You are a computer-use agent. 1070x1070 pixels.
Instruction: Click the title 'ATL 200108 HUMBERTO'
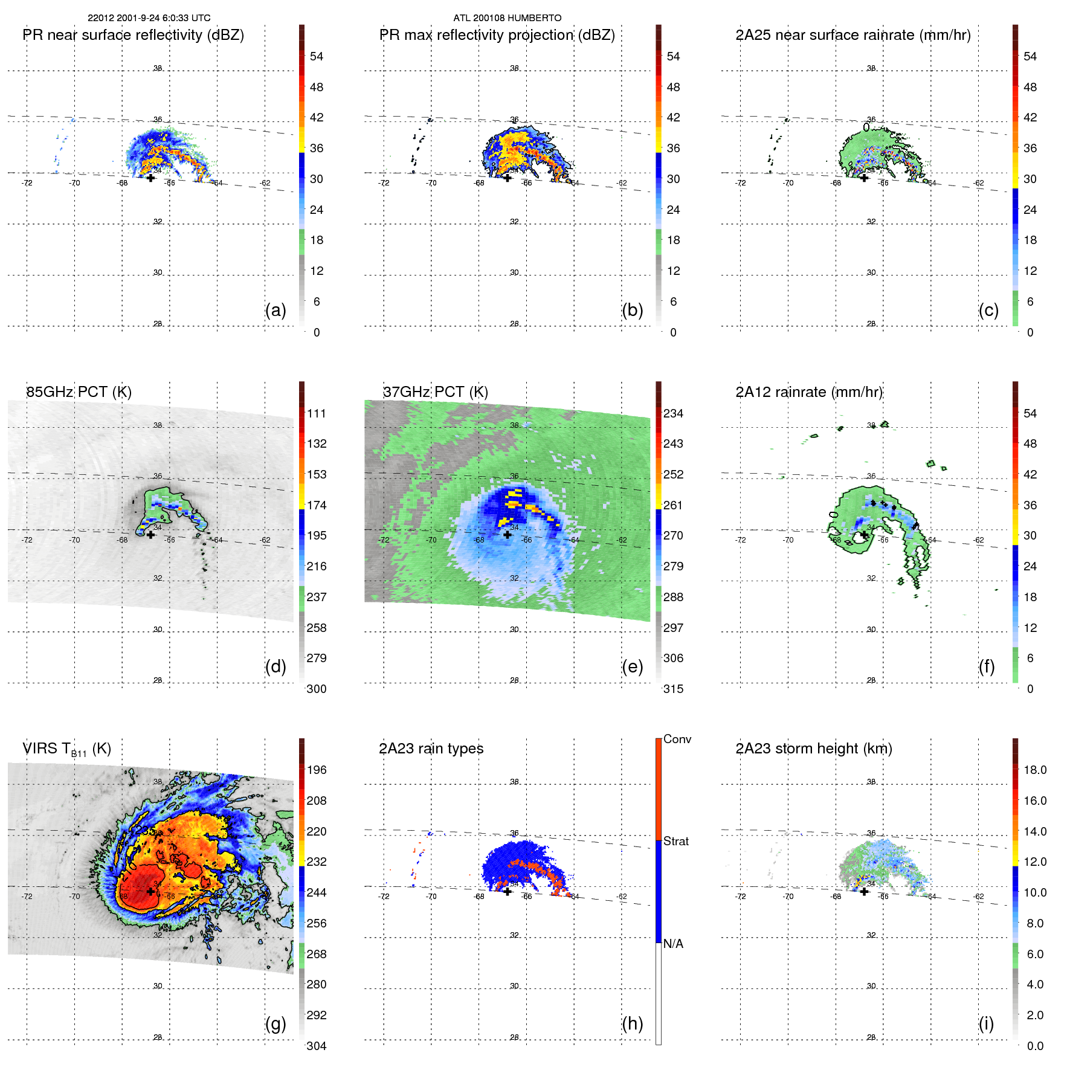(x=507, y=18)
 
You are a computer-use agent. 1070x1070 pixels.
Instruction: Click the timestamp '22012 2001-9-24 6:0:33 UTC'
(x=149, y=18)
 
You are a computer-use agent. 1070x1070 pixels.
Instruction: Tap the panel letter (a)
(x=276, y=310)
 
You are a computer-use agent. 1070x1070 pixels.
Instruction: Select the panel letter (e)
(x=632, y=666)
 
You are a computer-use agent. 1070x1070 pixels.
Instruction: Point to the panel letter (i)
(x=986, y=1023)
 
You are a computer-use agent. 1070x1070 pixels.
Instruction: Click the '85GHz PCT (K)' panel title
(x=79, y=392)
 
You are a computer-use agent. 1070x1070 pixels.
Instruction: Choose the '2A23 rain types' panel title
(x=431, y=749)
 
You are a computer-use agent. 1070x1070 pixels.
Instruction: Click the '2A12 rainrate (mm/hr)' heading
(x=809, y=392)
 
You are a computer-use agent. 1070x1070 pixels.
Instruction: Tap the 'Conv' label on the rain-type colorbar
(x=677, y=739)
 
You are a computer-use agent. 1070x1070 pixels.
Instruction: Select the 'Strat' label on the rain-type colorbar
(x=675, y=841)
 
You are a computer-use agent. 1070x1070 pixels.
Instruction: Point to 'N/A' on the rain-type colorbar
(x=673, y=944)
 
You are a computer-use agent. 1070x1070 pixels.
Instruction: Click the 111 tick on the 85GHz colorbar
(x=317, y=413)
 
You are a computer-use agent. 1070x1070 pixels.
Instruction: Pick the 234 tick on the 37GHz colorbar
(x=673, y=413)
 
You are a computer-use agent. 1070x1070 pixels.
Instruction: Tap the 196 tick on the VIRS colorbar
(x=317, y=770)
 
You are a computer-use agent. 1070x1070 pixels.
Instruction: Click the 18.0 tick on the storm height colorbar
(x=1035, y=770)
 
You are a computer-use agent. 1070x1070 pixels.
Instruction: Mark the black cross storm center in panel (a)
(x=150, y=178)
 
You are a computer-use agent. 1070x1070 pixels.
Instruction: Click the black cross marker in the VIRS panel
(x=150, y=891)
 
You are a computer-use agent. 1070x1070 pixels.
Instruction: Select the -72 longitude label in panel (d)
(x=27, y=540)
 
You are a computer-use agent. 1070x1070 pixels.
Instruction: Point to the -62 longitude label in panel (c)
(x=979, y=183)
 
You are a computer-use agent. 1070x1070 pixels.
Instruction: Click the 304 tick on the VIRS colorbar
(x=317, y=1046)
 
